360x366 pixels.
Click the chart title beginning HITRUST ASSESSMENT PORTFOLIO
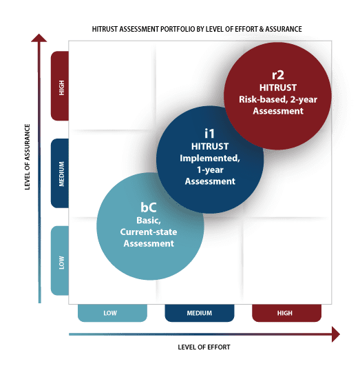[197, 29]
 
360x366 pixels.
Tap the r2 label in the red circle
[278, 74]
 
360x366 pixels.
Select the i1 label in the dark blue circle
[209, 133]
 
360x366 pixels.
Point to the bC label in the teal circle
[148, 207]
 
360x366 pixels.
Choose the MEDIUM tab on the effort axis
[200, 313]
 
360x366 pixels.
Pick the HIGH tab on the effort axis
[286, 313]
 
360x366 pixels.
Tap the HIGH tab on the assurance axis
[60, 86]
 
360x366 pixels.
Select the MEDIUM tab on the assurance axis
[60, 173]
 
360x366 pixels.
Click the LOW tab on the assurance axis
[60, 261]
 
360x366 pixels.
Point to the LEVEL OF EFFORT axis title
[204, 347]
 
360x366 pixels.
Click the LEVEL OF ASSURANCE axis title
[28, 157]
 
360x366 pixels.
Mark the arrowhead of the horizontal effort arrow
[336, 334]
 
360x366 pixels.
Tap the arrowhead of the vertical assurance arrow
[39, 38]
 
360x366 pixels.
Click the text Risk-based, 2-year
[278, 100]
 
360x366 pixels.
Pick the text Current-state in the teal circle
[149, 232]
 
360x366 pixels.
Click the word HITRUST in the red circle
[278, 88]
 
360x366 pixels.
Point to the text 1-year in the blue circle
[210, 170]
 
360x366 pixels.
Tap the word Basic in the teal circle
[148, 221]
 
